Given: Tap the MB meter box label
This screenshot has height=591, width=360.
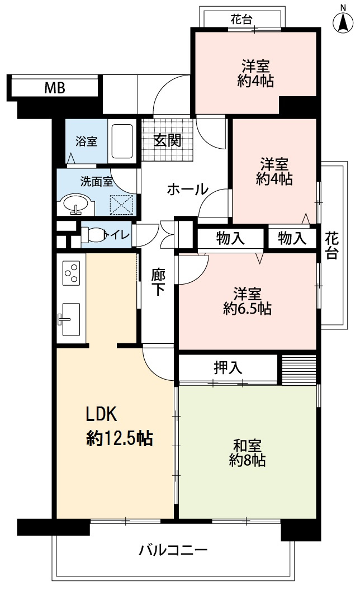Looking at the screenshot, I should pyautogui.click(x=55, y=88).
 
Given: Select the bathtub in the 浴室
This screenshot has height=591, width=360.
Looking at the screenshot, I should pyautogui.click(x=121, y=140).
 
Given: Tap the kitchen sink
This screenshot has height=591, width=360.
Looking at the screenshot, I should pyautogui.click(x=69, y=319).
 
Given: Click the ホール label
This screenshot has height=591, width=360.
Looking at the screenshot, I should pyautogui.click(x=187, y=190).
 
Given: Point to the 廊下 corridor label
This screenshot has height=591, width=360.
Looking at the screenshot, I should pyautogui.click(x=158, y=282).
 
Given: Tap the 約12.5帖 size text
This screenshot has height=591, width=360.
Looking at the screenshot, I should pyautogui.click(x=120, y=439).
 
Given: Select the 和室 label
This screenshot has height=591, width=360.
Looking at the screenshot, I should pyautogui.click(x=247, y=446).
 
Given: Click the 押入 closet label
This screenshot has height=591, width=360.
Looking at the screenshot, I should pyautogui.click(x=228, y=367).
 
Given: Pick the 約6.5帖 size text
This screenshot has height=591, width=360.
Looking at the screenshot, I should pyautogui.click(x=247, y=308).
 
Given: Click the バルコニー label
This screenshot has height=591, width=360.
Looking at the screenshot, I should pyautogui.click(x=173, y=550).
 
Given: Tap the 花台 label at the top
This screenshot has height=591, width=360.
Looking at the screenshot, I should pyautogui.click(x=241, y=20).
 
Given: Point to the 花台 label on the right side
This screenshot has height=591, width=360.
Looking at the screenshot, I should pyautogui.click(x=331, y=245).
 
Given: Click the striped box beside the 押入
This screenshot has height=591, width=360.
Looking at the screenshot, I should pyautogui.click(x=298, y=368).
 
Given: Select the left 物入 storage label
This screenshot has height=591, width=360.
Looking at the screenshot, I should pyautogui.click(x=230, y=239).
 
